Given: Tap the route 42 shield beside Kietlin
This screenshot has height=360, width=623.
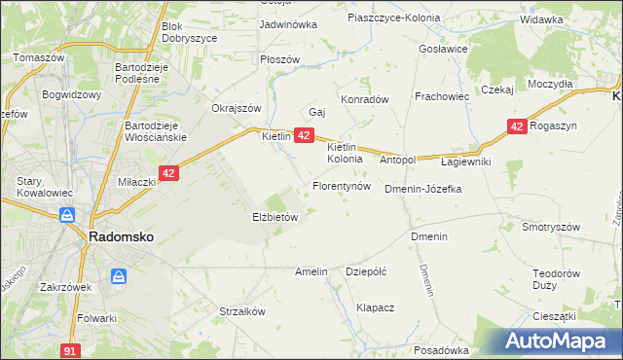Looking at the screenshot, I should coord(304,136).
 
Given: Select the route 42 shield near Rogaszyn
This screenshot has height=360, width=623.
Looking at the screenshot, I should coord(518,126).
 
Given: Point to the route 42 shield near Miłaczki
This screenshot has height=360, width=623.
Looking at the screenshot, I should coord(168,173).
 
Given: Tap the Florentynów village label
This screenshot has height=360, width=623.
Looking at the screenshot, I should coord(341,185).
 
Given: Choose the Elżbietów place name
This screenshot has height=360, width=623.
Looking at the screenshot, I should coord(275,218).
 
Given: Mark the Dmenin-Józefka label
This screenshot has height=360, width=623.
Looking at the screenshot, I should coord(422,189).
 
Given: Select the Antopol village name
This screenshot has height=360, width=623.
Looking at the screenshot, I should coord(397,160).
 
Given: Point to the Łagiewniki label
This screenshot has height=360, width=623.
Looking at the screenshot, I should coord(465,162).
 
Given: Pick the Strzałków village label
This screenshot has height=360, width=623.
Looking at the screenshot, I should coord(242,312).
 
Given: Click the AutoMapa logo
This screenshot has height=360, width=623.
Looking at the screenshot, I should coord(555,342).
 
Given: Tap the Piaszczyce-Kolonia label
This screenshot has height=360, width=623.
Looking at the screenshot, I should coord(393,18).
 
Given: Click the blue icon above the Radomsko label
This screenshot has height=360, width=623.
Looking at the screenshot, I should coord(66,215).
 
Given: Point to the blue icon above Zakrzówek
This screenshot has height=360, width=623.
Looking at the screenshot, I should coord(119,277).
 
